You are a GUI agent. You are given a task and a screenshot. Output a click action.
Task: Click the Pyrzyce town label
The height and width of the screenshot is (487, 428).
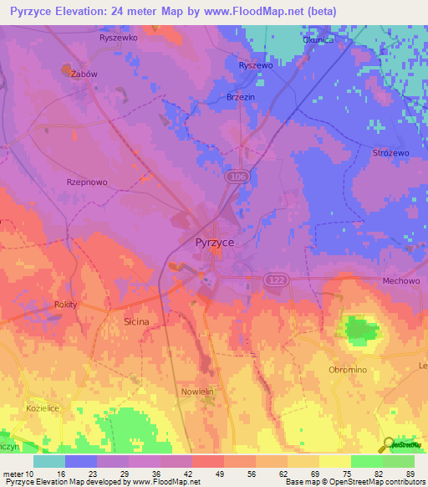[214, 242]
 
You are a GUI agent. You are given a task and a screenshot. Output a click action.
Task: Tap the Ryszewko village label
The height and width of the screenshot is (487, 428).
[118, 38]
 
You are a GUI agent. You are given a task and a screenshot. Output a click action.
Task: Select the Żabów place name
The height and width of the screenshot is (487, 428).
[84, 74]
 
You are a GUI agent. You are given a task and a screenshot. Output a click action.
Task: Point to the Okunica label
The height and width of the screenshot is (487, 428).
[318, 39]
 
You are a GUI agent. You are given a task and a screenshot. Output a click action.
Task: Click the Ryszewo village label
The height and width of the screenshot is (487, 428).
[256, 65]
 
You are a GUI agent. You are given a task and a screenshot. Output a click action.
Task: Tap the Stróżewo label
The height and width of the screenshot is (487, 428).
[390, 153]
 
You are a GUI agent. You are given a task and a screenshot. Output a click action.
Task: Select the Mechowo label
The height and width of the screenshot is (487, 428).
[400, 281]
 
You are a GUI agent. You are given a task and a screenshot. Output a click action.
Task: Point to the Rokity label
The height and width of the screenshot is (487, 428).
[65, 305]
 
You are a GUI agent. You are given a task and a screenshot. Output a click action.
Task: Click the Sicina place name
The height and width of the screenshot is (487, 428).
[136, 321]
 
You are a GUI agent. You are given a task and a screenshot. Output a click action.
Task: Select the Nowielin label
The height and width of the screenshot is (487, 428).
[199, 391]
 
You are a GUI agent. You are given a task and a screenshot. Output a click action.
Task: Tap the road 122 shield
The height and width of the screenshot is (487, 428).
[275, 278]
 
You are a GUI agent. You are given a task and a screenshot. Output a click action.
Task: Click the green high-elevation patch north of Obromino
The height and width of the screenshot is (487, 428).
[361, 329]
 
